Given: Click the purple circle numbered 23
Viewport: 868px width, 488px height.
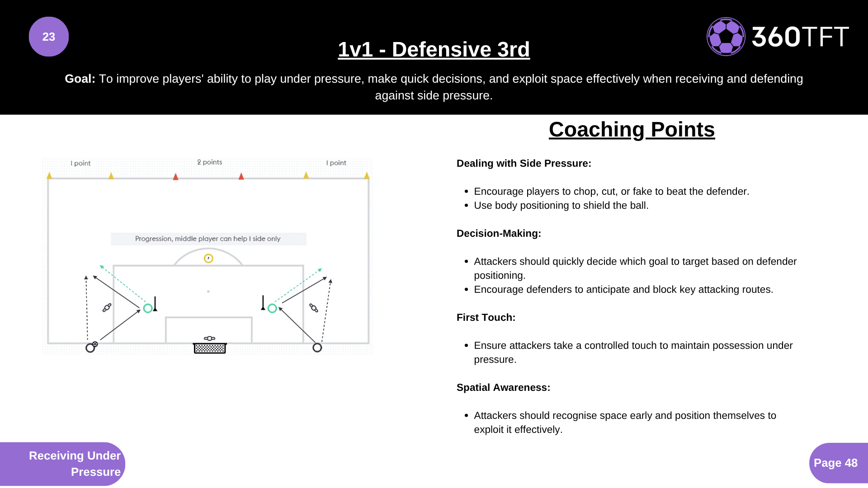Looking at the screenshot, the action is (49, 37).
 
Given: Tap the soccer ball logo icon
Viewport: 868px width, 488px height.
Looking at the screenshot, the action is (726, 37).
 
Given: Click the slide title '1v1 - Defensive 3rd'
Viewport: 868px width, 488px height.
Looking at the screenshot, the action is (434, 49).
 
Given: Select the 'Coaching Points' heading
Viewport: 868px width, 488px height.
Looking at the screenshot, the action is (632, 130).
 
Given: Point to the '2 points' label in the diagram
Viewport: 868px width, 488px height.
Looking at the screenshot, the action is (210, 162).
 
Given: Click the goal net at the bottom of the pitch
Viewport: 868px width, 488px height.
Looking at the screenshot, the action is (210, 348).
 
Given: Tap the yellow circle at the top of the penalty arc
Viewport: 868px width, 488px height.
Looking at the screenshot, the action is (208, 258).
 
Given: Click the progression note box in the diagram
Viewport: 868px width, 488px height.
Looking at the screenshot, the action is (208, 239).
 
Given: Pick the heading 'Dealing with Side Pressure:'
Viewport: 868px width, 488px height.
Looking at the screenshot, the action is (524, 164).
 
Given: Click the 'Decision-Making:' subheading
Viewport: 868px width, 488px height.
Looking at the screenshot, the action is (499, 234).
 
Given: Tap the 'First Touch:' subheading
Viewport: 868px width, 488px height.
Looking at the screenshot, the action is (486, 318).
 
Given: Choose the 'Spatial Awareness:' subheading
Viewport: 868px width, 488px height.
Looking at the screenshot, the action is (503, 388).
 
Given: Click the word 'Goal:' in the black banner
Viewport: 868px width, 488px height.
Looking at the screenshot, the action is (80, 79).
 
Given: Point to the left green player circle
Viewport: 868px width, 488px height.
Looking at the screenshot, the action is (148, 309).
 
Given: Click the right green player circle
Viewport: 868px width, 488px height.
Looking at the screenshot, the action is (272, 309).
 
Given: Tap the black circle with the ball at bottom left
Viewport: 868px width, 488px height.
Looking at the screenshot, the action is (90, 347).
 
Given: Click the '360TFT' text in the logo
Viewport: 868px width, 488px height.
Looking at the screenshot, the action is (800, 37).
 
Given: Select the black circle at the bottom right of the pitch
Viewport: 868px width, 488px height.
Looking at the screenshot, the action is (317, 347).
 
